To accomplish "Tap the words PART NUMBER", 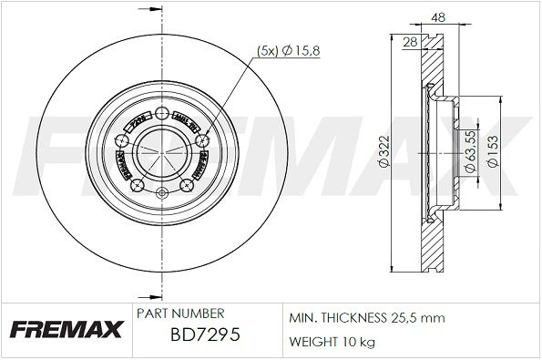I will coord(175,312).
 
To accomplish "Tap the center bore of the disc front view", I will coord(160,151).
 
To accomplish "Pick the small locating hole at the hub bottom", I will coord(160,192).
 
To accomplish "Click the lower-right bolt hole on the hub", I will coord(185,184).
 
